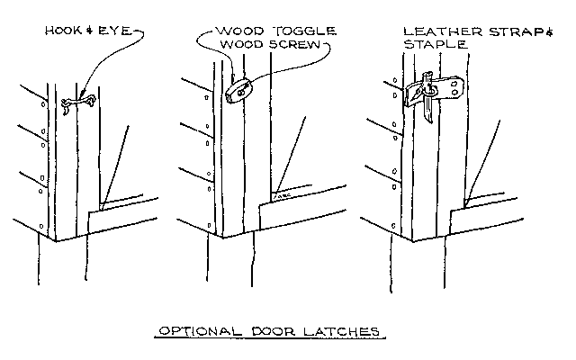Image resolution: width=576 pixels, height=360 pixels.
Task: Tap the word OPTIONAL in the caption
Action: pyautogui.click(x=193, y=330)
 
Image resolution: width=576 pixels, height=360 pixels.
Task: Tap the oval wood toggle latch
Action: pyautogui.click(x=238, y=91)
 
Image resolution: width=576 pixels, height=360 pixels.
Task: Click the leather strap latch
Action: pyautogui.click(x=436, y=89)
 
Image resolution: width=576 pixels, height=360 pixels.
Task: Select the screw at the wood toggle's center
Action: pyautogui.click(x=239, y=90)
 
